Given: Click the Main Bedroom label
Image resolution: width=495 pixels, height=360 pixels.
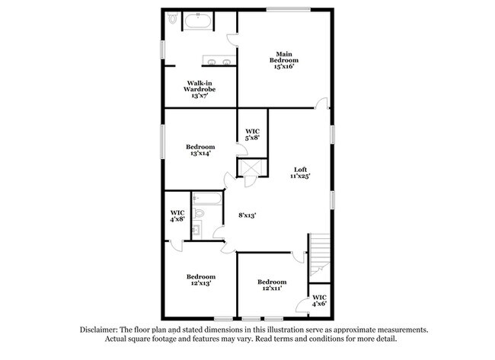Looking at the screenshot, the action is (284, 60).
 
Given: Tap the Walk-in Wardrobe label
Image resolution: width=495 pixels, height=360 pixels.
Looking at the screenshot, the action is (200, 89).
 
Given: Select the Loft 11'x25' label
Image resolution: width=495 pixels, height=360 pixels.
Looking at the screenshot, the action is (300, 173).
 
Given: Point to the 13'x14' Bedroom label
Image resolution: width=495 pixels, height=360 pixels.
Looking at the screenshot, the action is (200, 150).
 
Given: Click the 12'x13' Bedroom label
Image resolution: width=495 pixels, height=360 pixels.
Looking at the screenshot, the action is (201, 280).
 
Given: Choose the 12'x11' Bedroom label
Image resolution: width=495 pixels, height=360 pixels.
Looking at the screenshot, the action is (272, 285).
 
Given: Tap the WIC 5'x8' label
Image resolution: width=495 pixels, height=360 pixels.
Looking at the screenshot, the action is (253, 135).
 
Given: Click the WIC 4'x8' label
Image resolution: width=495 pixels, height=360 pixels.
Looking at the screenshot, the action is (177, 216).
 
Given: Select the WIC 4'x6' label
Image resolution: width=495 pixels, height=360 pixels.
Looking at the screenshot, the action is (319, 301).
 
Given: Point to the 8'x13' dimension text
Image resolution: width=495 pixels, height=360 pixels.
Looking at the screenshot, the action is (247, 215).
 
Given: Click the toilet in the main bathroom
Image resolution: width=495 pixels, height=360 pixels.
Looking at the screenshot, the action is (173, 18).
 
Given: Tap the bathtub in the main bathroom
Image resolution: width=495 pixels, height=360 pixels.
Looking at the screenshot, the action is (198, 21).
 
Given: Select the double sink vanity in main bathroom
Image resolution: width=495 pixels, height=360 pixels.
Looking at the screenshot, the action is (219, 60).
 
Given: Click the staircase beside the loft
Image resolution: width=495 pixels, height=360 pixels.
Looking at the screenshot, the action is (320, 257).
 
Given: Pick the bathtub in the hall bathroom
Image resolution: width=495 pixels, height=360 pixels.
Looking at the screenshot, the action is (207, 199).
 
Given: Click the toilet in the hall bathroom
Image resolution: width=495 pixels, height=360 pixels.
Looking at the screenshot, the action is (199, 213).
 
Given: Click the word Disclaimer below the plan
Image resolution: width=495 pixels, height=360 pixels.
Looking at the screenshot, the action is (98, 330).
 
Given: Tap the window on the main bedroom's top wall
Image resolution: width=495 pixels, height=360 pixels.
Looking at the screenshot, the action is (288, 9).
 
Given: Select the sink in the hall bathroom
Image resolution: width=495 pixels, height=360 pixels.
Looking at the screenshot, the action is (196, 229).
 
